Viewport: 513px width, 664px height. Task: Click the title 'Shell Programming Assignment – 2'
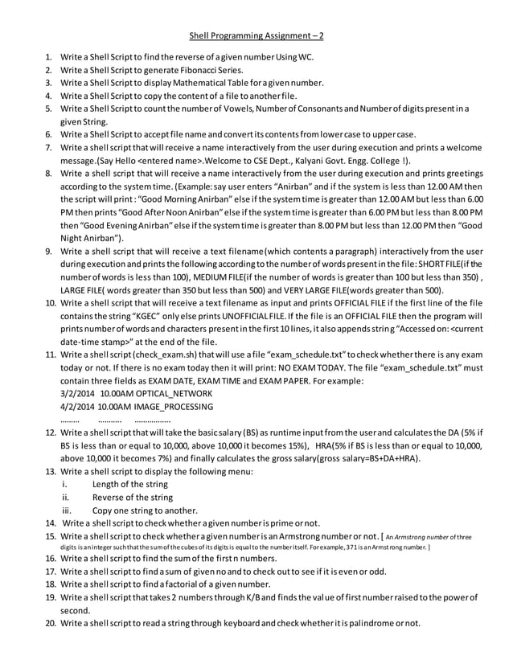256,36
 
